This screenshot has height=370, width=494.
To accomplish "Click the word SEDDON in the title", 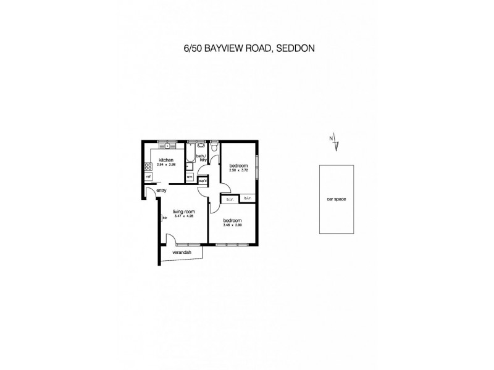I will pyautogui.click(x=298, y=46).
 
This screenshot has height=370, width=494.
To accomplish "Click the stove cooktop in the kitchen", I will pyautogui.click(x=148, y=165).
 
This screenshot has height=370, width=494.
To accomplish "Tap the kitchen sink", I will pyautogui.click(x=167, y=146).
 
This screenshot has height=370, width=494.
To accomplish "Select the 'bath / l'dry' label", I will pyautogui.click(x=201, y=158).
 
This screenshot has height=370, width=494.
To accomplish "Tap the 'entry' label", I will pyautogui.click(x=162, y=191).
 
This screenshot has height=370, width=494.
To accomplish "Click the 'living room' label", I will pyautogui.click(x=183, y=211).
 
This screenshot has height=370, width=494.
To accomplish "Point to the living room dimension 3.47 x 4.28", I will pyautogui.click(x=184, y=216).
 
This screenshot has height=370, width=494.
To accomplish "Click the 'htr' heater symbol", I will pyautogui.click(x=165, y=216).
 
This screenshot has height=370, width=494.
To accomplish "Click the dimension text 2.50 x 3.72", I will pyautogui.click(x=239, y=170).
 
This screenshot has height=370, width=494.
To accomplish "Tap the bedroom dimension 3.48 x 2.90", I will pyautogui.click(x=232, y=225).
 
